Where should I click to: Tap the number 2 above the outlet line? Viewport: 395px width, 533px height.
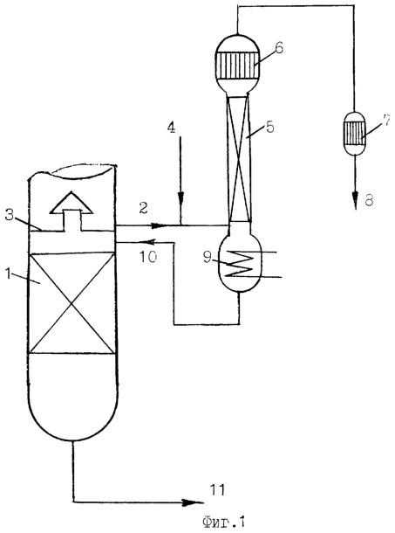pos(144,207)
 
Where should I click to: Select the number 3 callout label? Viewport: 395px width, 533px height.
pos(10,216)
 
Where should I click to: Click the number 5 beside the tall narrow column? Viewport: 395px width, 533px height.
pos(269,127)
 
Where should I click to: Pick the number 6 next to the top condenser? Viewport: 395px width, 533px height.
pos(279,47)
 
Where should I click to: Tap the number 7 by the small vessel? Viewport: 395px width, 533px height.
pos(385,121)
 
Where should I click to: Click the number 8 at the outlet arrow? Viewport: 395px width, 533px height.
pos(369,200)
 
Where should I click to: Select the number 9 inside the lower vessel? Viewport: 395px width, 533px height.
pos(208,257)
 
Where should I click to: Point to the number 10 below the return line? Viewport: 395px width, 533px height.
pos(148,256)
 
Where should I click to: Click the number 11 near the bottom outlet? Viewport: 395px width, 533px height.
pos(217,490)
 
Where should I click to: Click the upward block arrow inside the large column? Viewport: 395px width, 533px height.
pos(72,211)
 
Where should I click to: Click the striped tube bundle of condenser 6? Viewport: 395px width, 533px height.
pos(238,66)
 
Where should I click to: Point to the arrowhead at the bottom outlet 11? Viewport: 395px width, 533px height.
pos(194,502)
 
